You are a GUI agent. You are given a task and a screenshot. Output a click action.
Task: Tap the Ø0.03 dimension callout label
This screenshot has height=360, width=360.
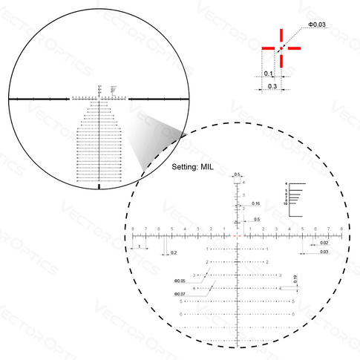coord(316,26)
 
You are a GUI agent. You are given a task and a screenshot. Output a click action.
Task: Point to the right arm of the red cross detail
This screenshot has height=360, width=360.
coord(294,48)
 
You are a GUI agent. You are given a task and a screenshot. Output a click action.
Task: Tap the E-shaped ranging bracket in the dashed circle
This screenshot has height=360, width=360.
coord(294,198)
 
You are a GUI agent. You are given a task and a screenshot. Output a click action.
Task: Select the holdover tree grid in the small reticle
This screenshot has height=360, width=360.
coord(99,141)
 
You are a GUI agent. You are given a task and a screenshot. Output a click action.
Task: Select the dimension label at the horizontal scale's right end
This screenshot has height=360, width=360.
coord(324,243)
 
